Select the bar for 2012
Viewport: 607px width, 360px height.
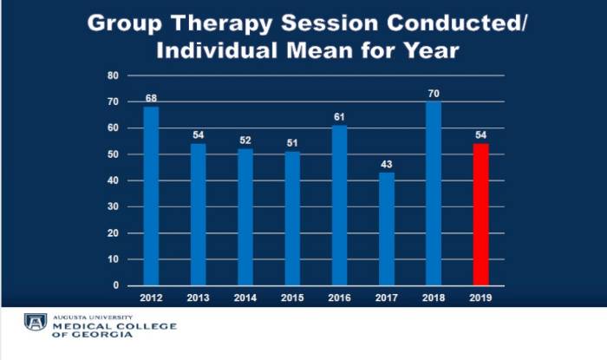point(151,196)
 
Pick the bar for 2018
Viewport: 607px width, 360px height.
point(434,193)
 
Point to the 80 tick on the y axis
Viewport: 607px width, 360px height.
point(113,75)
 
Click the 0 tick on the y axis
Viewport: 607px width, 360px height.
point(115,285)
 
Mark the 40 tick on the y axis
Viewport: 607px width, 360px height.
point(113,180)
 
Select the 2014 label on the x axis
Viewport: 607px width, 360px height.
point(245,298)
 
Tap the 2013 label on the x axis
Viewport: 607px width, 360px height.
point(198,298)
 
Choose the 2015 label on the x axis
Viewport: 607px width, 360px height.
point(292,298)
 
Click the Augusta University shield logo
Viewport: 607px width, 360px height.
point(36,323)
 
